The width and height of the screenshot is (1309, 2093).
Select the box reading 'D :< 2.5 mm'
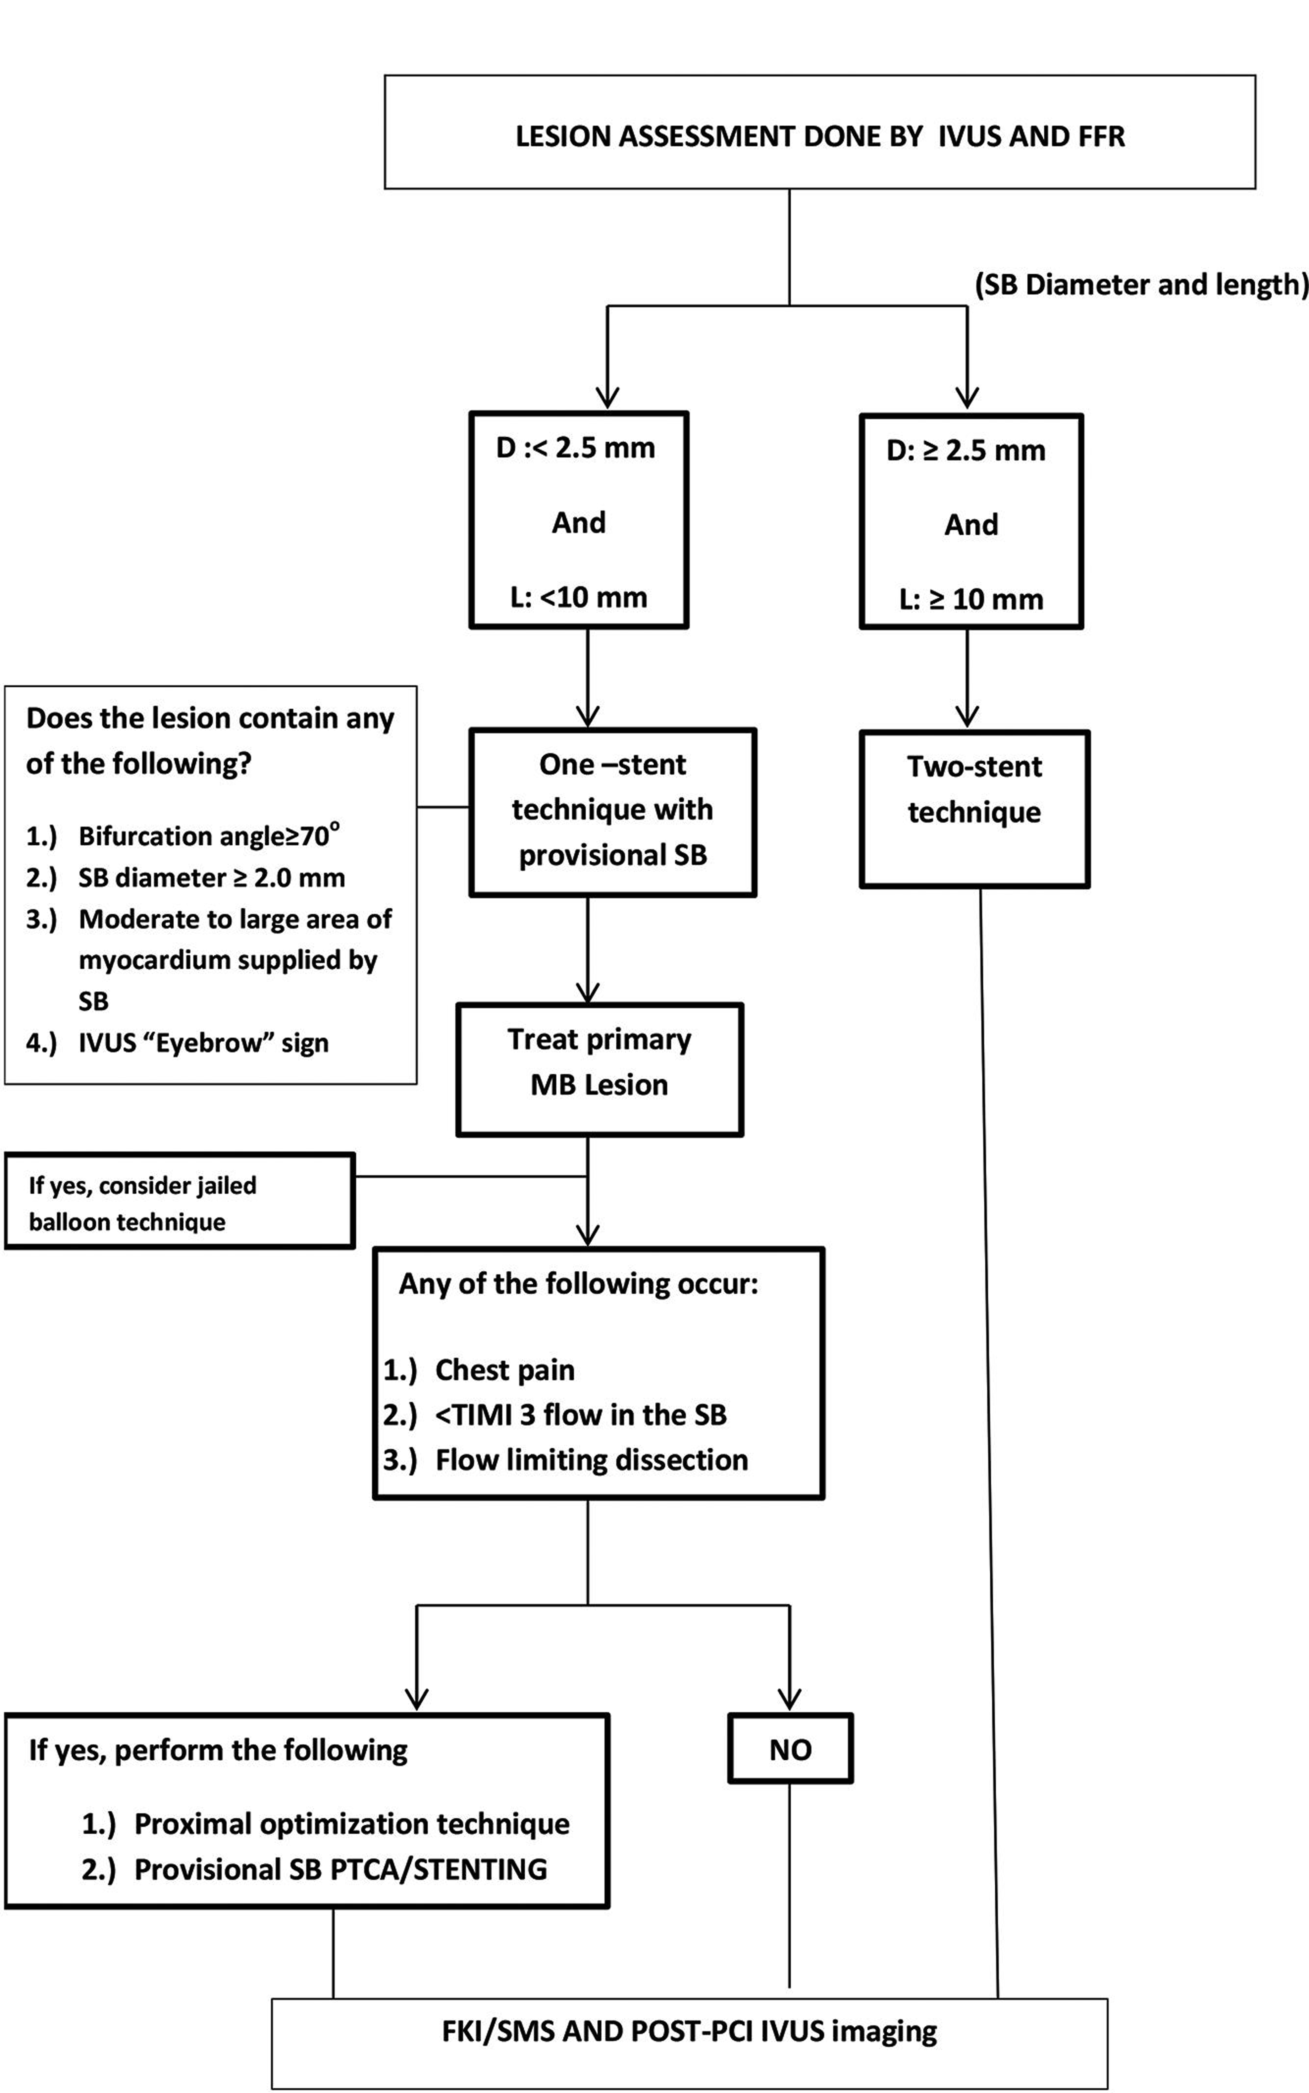tap(578, 520)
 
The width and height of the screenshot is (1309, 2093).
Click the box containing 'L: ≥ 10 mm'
tap(971, 521)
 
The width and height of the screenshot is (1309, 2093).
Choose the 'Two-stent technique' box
tap(974, 809)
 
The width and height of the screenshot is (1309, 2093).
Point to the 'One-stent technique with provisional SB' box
tap(612, 811)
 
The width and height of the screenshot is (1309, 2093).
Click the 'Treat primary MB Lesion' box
tap(599, 1069)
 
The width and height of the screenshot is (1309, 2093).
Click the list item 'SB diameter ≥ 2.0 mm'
tap(211, 877)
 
